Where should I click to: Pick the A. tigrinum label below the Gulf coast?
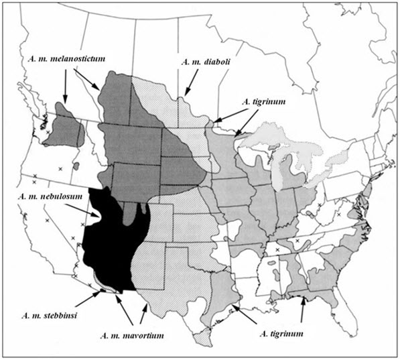tap(280, 331)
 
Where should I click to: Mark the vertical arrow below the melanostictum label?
tap(65, 85)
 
